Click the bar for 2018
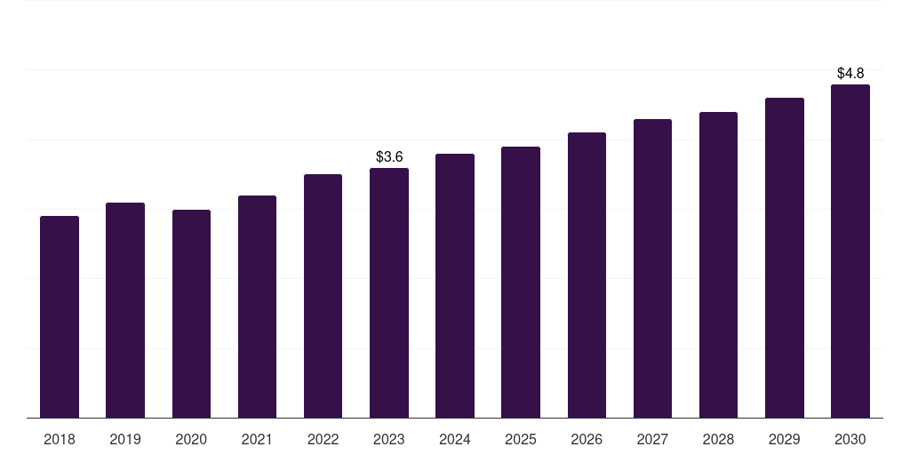[x=60, y=316]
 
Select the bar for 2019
[x=125, y=310]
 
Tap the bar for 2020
[x=191, y=314]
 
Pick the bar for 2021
[x=257, y=307]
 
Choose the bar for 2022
[x=323, y=296]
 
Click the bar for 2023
[x=389, y=292]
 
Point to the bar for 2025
[x=521, y=282]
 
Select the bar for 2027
[x=652, y=268]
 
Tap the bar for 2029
[x=785, y=258]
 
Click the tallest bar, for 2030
[x=850, y=251]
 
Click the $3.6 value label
[x=389, y=157]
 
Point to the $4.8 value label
[x=850, y=74]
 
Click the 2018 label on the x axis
[x=60, y=439]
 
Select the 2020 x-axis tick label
[x=191, y=439]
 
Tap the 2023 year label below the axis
[x=389, y=439]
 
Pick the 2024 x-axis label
[x=455, y=439]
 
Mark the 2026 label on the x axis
[x=587, y=439]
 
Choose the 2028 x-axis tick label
[x=718, y=439]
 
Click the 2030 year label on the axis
[x=850, y=439]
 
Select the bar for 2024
[x=455, y=285]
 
